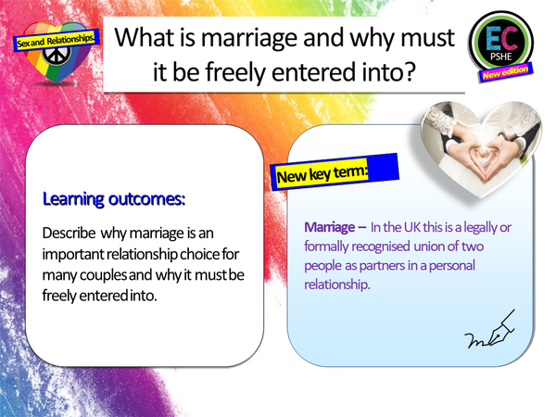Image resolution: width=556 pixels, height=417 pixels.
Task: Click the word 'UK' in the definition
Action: [x=406, y=227]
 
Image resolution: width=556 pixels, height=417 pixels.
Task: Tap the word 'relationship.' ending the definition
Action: [x=336, y=284]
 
